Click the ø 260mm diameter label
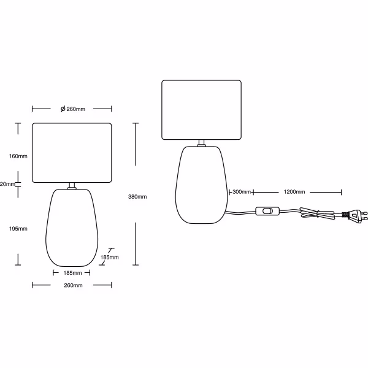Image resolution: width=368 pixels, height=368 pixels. tap(72, 109)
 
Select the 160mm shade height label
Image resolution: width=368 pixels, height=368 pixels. tap(18, 155)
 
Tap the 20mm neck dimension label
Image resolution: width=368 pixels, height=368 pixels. tap(7, 184)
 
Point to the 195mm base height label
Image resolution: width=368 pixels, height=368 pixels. tap(18, 229)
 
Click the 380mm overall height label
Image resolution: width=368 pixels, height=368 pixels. tap(137, 197)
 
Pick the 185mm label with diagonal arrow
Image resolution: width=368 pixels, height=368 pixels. tap(110, 257)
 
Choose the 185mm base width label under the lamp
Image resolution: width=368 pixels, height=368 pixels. tap(72, 272)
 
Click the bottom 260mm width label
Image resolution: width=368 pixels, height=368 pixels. tap(72, 285)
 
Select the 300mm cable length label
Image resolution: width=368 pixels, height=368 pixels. tap(242, 192)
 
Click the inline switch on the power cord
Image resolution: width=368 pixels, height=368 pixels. tap(267, 213)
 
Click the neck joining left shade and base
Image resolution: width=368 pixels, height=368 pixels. tap(72, 186)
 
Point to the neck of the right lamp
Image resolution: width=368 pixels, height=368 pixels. tap(201, 144)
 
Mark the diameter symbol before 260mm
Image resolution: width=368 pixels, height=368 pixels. tap(63, 109)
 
